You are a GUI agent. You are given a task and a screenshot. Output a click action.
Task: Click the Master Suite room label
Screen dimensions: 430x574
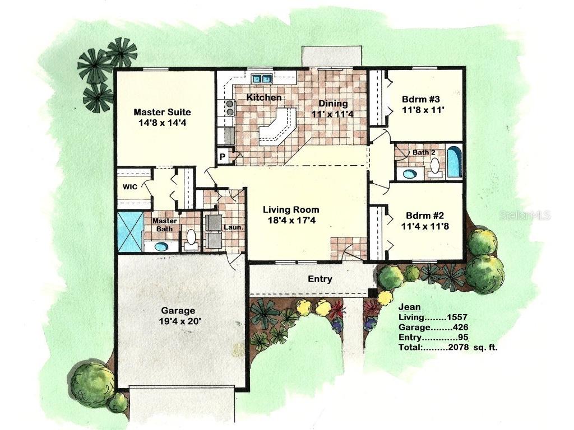tap(162, 112)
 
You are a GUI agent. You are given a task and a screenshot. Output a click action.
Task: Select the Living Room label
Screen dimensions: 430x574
tap(291, 210)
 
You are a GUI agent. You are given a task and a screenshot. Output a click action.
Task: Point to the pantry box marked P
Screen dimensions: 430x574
tap(223, 157)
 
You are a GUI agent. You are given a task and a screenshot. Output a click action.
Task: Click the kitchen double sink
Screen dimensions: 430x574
tap(261, 78)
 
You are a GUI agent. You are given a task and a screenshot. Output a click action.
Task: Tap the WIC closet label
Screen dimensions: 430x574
tap(131, 187)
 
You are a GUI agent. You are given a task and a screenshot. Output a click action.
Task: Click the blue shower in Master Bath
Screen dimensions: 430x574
tap(129, 231)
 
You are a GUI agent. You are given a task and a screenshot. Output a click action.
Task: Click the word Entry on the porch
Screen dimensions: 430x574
tap(320, 279)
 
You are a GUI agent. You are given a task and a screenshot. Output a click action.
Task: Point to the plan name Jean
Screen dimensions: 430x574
tap(409, 307)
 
